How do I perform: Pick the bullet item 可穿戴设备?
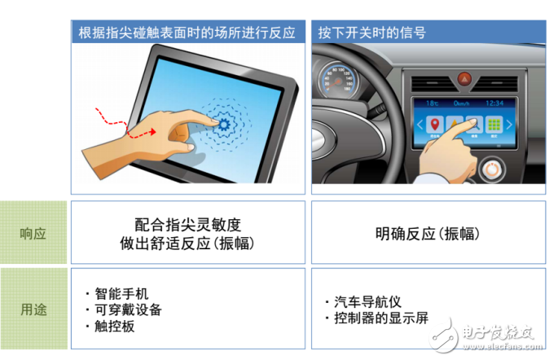pyautogui.click(x=127, y=310)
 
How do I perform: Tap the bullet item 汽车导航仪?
pyautogui.click(x=367, y=301)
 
